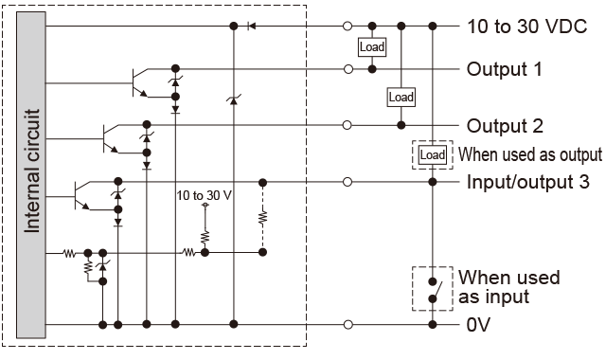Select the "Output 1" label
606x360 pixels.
click(504, 69)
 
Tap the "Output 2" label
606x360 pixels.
click(504, 125)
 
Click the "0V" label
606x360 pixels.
click(478, 325)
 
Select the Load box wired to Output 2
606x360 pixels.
click(401, 96)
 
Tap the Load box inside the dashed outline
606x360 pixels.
click(433, 154)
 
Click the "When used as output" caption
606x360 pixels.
click(529, 154)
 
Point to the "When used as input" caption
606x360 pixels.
click(508, 287)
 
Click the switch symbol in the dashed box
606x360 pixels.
click(433, 289)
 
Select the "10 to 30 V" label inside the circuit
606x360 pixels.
click(205, 195)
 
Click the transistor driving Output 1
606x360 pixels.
click(139, 83)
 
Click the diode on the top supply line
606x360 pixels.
click(251, 26)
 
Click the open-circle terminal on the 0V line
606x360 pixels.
click(348, 325)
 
